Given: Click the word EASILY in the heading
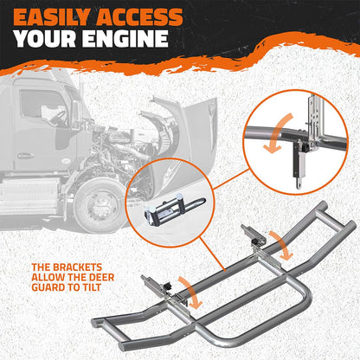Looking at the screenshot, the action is [x=52, y=17].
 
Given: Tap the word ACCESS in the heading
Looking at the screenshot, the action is [x=139, y=17].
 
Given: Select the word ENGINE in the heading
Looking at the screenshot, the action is [x=125, y=38].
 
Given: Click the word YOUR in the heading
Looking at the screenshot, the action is [x=45, y=38].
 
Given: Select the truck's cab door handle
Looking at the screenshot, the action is [x=26, y=156].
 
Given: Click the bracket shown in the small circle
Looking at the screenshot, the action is [x=175, y=207].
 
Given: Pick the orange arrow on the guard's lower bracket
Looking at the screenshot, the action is [x=190, y=292].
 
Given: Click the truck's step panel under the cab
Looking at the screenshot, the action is [x=29, y=196].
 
